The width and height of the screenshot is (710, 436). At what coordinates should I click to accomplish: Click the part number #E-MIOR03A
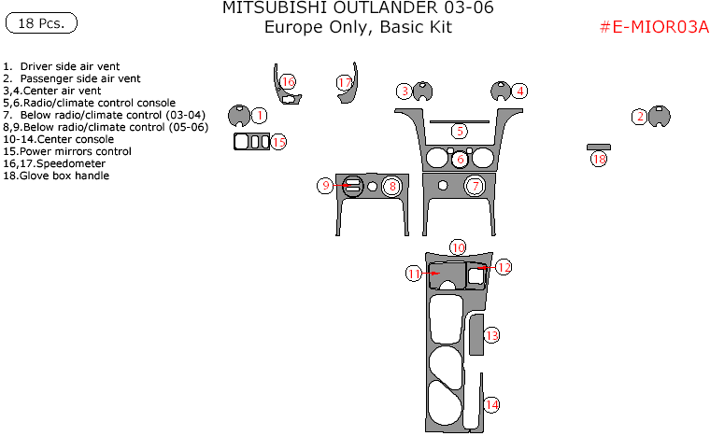click(653, 27)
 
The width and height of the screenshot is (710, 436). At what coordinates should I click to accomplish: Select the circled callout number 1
click(260, 115)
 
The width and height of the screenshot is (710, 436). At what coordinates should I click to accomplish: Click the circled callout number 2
click(639, 117)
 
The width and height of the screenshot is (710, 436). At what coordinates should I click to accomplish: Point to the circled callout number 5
click(459, 131)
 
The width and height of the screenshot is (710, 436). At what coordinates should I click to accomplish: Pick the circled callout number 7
click(475, 186)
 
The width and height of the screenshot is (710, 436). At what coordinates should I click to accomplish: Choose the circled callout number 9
click(326, 186)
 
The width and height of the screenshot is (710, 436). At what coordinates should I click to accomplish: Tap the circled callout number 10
click(458, 246)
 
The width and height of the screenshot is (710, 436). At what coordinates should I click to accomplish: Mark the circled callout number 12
click(504, 267)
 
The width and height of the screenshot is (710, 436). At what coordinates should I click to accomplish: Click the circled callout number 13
click(491, 335)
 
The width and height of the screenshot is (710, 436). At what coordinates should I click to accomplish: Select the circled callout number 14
click(491, 404)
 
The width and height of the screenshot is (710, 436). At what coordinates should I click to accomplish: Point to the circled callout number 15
click(278, 142)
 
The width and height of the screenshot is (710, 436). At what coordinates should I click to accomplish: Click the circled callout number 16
click(288, 82)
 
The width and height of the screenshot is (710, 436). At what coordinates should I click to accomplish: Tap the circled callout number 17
click(345, 84)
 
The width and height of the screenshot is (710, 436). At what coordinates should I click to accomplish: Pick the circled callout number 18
click(599, 160)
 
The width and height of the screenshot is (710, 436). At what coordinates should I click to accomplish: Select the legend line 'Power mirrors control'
click(67, 151)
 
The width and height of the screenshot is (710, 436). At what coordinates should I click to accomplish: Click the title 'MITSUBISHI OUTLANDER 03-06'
click(358, 9)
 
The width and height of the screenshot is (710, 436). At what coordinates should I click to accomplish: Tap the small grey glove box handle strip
click(598, 147)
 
